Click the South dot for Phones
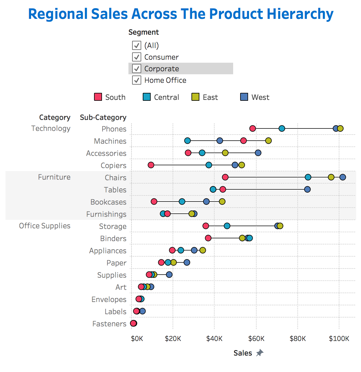253,128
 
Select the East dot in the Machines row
268,141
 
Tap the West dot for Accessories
258,153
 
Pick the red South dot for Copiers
151,165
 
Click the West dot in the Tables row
307,189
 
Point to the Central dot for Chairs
308,177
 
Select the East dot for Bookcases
222,202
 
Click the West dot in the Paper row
187,262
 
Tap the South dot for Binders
208,238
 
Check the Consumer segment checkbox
137,57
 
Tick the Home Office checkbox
137,80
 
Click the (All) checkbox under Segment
137,45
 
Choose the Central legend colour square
147,97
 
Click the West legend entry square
244,97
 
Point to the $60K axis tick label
256,339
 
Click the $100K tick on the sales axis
339,339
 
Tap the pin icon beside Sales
260,353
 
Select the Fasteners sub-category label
109,324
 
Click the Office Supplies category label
45,226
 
